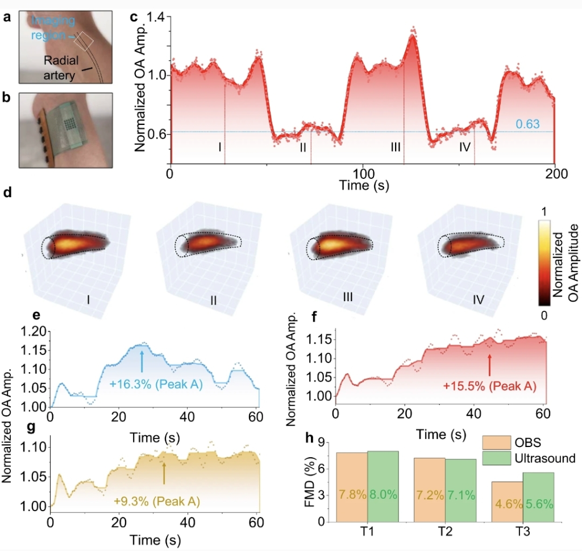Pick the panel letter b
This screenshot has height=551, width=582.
coord(7,97)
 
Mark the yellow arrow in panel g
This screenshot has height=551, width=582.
coord(164,472)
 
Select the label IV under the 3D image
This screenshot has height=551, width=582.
coord(479,297)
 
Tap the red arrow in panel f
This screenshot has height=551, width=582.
coord(490,362)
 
